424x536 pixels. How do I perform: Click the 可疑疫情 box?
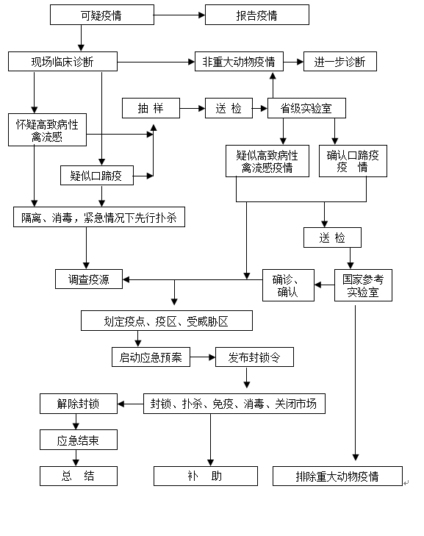click(102, 15)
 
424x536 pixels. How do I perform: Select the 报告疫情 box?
click(257, 15)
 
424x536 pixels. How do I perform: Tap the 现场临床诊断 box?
click(63, 62)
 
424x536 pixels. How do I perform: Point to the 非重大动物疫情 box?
click(239, 62)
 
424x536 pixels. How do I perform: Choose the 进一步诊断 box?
click(340, 62)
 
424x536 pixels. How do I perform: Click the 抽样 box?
click(151, 108)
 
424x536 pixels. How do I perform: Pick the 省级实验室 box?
click(306, 108)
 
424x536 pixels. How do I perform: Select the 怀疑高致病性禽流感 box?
click(47, 130)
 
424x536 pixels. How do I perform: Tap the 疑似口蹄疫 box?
click(97, 176)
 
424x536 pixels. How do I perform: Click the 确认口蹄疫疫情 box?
click(353, 161)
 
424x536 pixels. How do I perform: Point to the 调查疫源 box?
click(89, 279)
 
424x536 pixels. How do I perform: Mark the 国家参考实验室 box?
click(363, 285)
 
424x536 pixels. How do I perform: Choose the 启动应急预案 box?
click(151, 357)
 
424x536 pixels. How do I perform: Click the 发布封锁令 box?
click(254, 357)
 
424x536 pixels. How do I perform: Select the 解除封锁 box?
click(78, 404)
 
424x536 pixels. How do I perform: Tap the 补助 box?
click(205, 476)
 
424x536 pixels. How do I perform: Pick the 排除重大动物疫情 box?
click(337, 476)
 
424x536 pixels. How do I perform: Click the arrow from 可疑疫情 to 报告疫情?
click(179, 15)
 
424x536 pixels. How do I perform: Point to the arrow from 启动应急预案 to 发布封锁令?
click(203, 357)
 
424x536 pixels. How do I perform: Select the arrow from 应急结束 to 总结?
click(76, 458)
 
